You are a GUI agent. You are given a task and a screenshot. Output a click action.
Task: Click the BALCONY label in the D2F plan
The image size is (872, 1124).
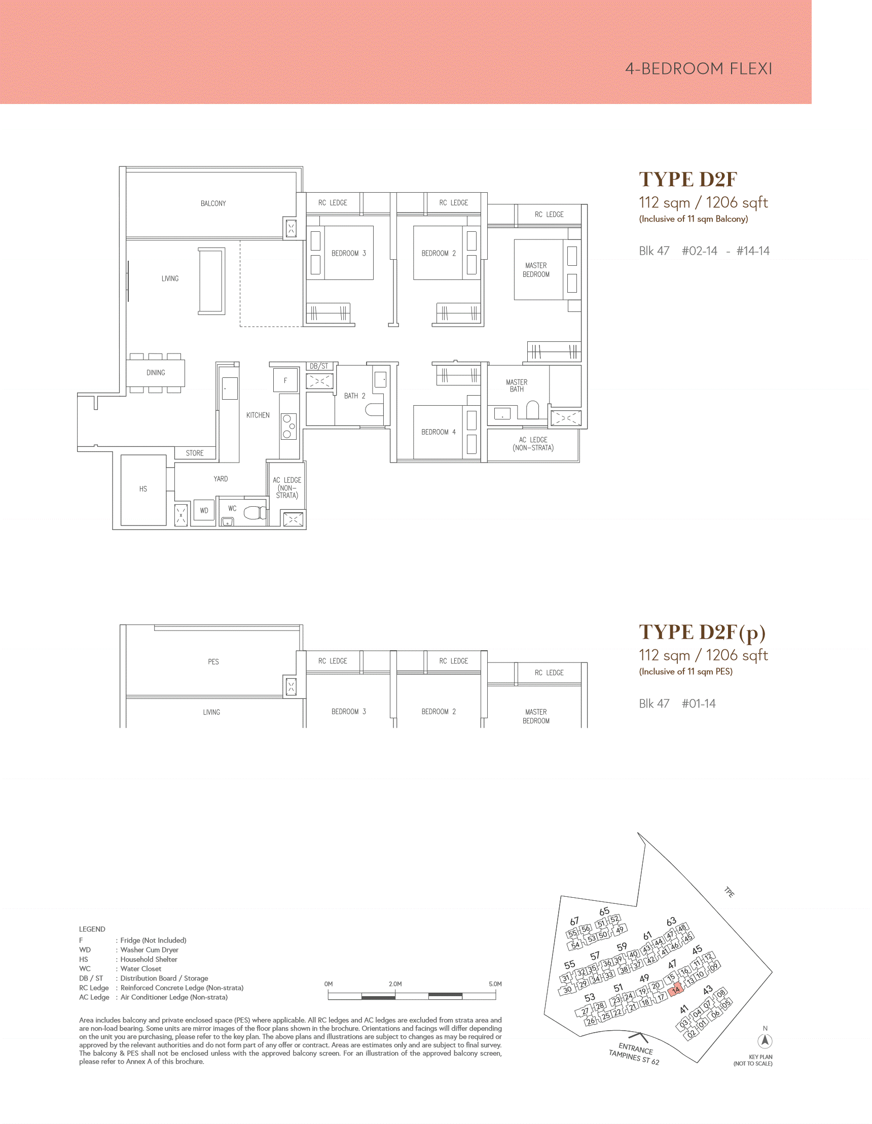point(213,203)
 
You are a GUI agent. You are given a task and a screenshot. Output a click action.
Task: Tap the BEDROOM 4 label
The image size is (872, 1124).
point(439,432)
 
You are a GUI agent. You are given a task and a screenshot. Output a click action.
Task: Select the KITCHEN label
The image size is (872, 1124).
point(258,415)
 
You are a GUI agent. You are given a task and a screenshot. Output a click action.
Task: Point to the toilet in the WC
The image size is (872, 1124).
point(255,513)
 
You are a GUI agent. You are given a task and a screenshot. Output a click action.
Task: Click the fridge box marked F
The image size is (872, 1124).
point(285,381)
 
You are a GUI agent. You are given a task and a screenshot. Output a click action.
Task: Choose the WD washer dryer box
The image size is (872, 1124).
point(204,511)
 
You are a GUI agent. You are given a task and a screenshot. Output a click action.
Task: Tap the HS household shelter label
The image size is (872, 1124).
point(143,489)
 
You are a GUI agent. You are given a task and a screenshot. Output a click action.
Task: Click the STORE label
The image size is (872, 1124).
point(195,453)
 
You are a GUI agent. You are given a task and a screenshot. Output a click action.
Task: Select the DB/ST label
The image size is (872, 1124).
point(319,366)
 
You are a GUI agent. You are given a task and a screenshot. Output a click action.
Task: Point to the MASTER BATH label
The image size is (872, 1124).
point(517,385)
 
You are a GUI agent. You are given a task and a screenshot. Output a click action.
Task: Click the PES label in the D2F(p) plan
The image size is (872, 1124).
point(213,661)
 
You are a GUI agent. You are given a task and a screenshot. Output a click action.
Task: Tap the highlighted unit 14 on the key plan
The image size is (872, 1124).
point(675,990)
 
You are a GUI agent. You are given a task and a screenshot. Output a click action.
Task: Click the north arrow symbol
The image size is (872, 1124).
point(765,1041)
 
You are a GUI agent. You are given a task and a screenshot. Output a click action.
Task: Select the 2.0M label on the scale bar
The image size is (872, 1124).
point(395,983)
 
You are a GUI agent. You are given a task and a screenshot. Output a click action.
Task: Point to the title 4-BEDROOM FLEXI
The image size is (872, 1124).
point(699,68)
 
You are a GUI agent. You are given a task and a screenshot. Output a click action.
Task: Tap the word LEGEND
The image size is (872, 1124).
point(92,929)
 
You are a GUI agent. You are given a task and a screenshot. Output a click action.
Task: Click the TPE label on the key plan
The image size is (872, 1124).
point(730,892)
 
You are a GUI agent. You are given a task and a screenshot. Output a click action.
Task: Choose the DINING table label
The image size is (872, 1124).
point(155,373)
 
